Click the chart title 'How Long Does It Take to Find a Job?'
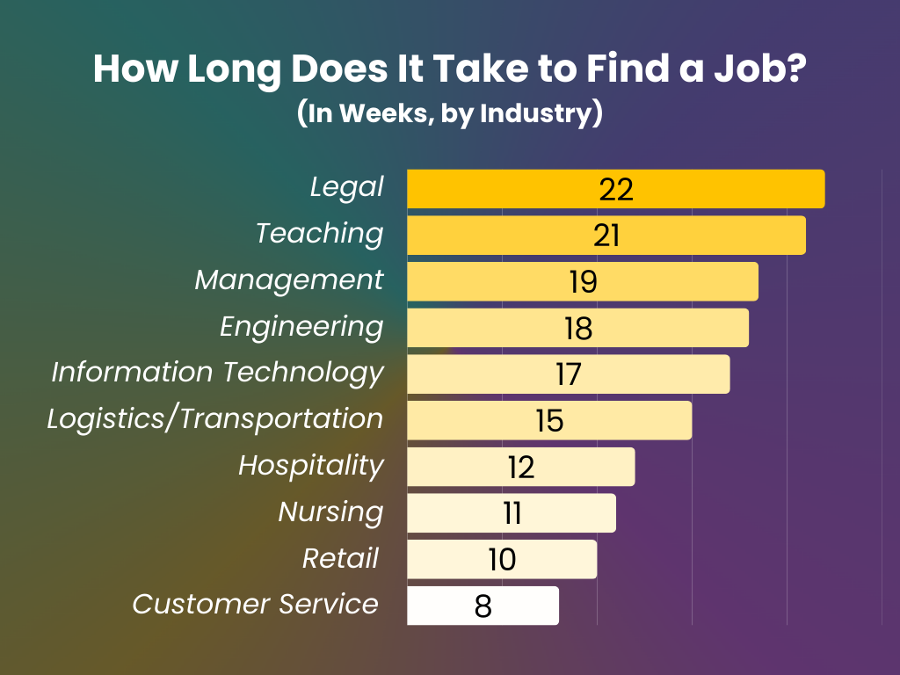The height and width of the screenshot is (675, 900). point(450,70)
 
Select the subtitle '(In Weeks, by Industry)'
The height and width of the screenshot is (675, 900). point(450,114)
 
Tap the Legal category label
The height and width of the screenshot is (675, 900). point(347,187)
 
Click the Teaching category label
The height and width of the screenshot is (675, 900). point(320,234)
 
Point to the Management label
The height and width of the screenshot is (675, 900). point(289,280)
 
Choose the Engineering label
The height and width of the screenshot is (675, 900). point(301,327)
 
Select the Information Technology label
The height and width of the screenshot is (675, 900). point(217,373)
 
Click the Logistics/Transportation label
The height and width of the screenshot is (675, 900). point(215,419)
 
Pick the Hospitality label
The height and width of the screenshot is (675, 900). point(311,466)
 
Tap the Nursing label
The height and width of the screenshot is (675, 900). point(330,512)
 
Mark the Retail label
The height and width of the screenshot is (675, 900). point(341,559)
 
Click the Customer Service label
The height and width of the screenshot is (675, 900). point(256,605)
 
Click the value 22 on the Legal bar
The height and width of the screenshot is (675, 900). point(616,189)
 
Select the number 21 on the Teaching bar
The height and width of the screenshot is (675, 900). point(606,236)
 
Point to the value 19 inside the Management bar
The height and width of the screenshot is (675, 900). point(582,282)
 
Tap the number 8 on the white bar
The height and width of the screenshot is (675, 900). point(483,606)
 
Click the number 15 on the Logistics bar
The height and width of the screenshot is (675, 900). point(549,421)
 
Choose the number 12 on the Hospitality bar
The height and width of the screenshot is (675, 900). point(520,468)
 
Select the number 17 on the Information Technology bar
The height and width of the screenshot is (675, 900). point(568,374)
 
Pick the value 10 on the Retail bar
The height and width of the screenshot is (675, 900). point(502,560)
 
